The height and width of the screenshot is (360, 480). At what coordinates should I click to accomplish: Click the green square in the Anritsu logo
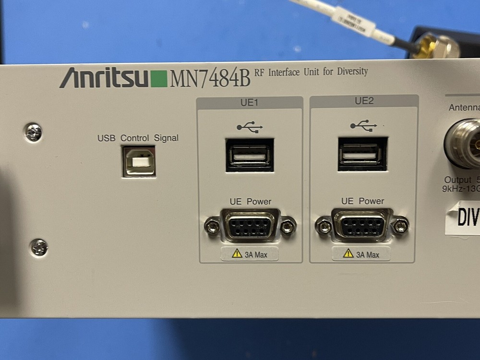pos(159,79)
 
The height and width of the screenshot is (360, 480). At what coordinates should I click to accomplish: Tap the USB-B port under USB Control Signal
pos(139,161)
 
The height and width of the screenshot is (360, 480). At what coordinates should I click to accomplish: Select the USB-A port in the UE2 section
pos(362,154)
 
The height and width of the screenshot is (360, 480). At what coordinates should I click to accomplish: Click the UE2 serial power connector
pos(362,224)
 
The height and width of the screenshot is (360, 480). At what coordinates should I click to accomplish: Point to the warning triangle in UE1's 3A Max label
pos(237,253)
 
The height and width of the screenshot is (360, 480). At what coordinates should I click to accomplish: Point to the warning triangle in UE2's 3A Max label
pos(348,253)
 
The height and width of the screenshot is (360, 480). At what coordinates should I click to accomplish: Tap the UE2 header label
pos(364,101)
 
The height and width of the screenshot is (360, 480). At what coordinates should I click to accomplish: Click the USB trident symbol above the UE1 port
pos(250,127)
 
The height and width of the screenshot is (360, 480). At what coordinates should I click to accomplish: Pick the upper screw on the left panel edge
pos(34,132)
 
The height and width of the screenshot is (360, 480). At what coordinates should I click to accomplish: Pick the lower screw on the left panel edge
pos(39,247)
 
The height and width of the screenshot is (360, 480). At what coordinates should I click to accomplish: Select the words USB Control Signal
pos(138,138)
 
